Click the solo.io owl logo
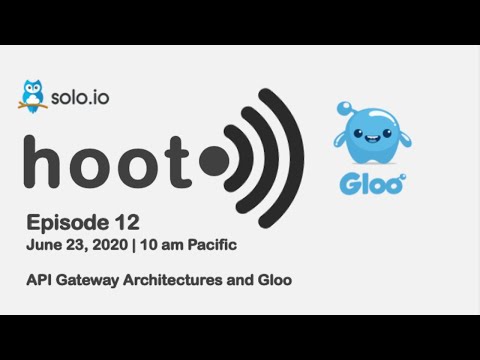pos(33,94)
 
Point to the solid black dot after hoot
pos(213,160)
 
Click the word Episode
pos(61,221)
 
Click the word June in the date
pos(44,243)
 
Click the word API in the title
pos(39,280)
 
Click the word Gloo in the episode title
pos(273,280)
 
